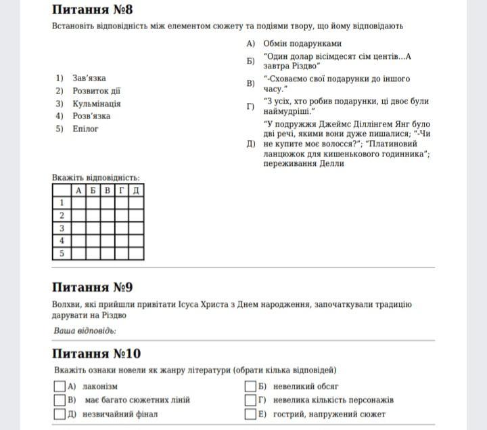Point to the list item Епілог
click(x=86, y=129)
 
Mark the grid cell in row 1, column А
click(x=78, y=202)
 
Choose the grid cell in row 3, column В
click(x=108, y=228)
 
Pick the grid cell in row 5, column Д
click(x=136, y=254)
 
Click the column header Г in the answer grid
click(x=122, y=190)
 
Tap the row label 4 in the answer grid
click(x=62, y=241)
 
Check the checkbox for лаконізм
click(x=60, y=386)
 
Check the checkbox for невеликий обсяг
click(x=250, y=386)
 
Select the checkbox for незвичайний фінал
click(x=60, y=414)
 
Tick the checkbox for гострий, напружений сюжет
click(x=250, y=414)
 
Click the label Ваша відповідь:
click(x=85, y=330)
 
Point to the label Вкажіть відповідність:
click(x=96, y=178)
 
